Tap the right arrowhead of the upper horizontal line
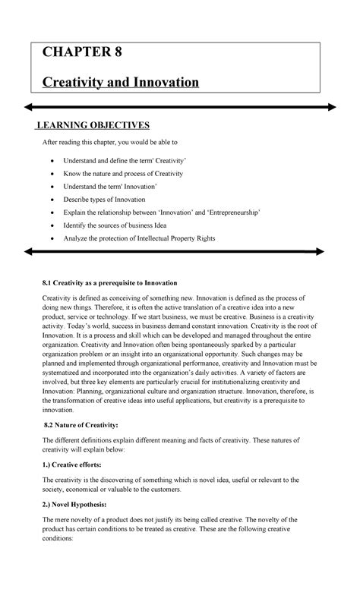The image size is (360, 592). [332, 107]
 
